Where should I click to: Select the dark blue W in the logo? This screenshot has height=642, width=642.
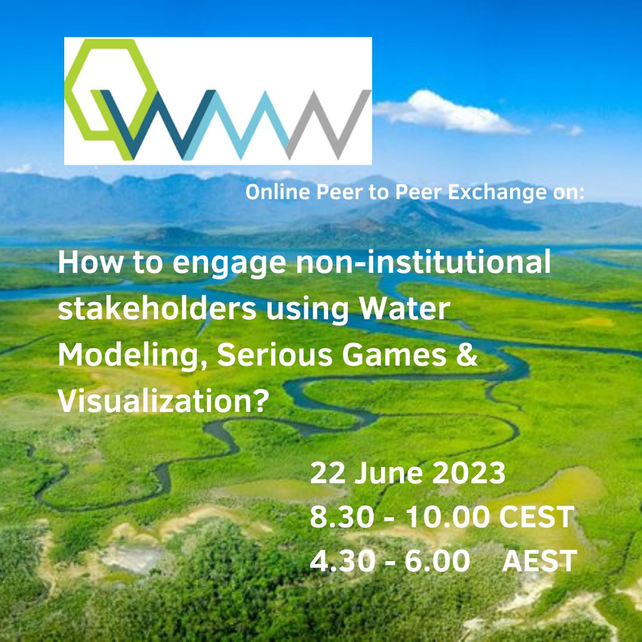coord(152,125)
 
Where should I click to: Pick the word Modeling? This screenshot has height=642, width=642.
coord(132,357)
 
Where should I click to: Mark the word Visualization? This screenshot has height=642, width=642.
coord(160,402)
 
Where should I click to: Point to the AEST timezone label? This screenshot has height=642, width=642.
coord(540,561)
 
